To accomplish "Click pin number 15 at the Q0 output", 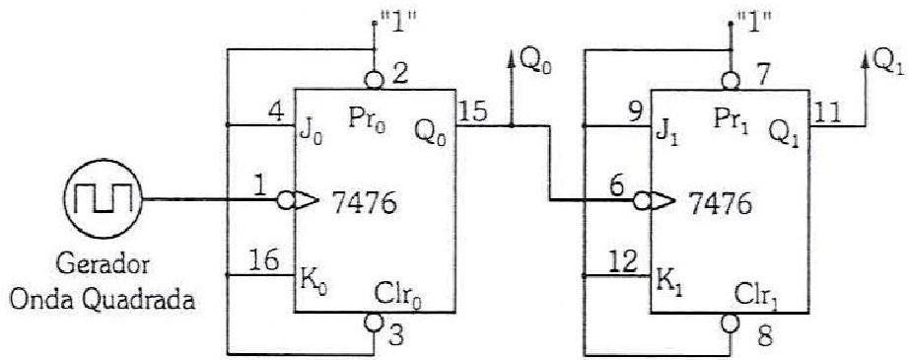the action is point(474,112).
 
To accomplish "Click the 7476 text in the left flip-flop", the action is point(364,203).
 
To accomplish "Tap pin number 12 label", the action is point(624,262).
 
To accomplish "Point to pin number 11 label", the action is point(827,112).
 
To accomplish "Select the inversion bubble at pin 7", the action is point(731,81).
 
